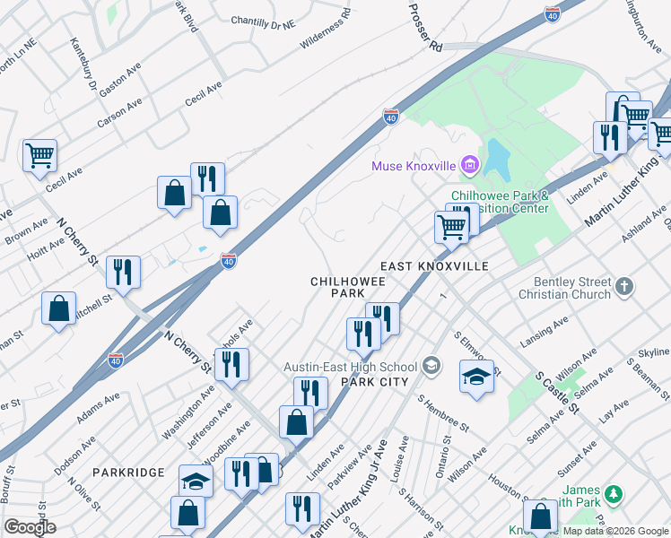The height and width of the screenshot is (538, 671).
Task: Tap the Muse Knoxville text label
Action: (x=414, y=167)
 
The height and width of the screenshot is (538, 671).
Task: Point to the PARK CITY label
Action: (x=375, y=382)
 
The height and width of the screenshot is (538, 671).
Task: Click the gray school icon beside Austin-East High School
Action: (x=432, y=366)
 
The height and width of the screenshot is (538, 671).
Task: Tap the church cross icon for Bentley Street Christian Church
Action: (x=624, y=287)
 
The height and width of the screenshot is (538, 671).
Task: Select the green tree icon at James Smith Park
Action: (x=613, y=494)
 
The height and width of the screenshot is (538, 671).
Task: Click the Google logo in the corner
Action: (x=30, y=527)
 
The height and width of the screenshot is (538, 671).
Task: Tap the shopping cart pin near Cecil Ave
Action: (x=39, y=155)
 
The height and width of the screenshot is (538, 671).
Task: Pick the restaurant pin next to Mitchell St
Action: (x=123, y=272)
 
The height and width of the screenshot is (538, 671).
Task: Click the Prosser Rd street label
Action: (x=425, y=27)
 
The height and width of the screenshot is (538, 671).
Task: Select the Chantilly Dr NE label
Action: (x=263, y=20)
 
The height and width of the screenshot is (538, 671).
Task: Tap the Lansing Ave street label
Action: (x=544, y=333)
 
